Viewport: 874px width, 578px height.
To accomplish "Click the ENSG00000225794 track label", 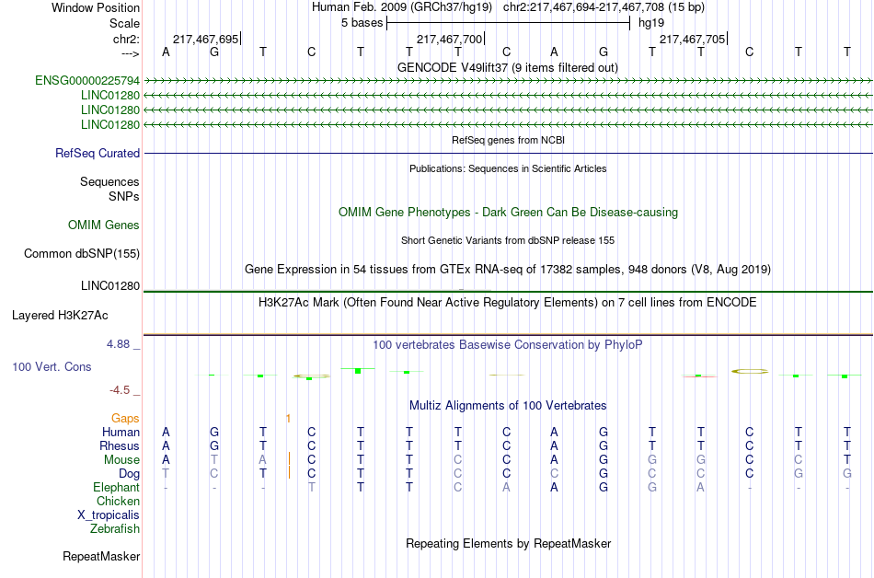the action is [x=87, y=81].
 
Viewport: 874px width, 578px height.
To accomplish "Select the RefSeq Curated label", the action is [x=98, y=154].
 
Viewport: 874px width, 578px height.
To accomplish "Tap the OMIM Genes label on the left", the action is [x=104, y=225].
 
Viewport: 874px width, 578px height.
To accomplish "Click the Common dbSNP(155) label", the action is [x=82, y=254].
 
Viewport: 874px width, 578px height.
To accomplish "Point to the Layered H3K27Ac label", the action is [x=60, y=316].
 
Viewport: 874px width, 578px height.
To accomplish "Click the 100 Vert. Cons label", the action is [x=52, y=366].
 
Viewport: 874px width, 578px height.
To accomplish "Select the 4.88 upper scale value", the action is [x=118, y=344].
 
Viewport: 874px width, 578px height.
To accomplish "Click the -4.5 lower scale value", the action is [x=120, y=390].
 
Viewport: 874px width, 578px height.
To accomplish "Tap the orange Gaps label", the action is [x=125, y=419].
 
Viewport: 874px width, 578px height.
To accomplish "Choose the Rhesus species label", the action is [x=120, y=445].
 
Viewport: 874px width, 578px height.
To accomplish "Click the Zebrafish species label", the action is [x=115, y=529].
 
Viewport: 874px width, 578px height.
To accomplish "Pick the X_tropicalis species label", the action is [x=109, y=515].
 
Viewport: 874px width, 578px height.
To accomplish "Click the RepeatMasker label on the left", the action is [x=101, y=556].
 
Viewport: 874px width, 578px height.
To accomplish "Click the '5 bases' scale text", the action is [x=362, y=23].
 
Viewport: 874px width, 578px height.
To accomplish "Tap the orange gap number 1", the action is [x=288, y=419].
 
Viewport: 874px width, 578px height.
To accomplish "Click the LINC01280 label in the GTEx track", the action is [x=110, y=286].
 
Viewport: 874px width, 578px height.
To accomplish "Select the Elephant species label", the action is [x=117, y=488].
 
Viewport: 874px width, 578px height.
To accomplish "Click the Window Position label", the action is [x=96, y=7].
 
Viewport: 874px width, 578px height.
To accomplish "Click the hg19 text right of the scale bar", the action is [x=651, y=23].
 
